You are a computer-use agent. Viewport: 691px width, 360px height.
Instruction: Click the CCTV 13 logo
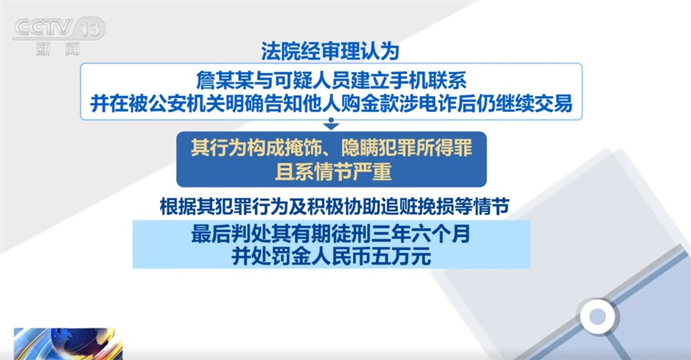click(x=59, y=28)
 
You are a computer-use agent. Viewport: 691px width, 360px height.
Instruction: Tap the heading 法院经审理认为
click(x=330, y=50)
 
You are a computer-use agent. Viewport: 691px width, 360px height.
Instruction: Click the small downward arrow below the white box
click(x=331, y=125)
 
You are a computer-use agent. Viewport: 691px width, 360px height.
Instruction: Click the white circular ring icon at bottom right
click(x=596, y=317)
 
